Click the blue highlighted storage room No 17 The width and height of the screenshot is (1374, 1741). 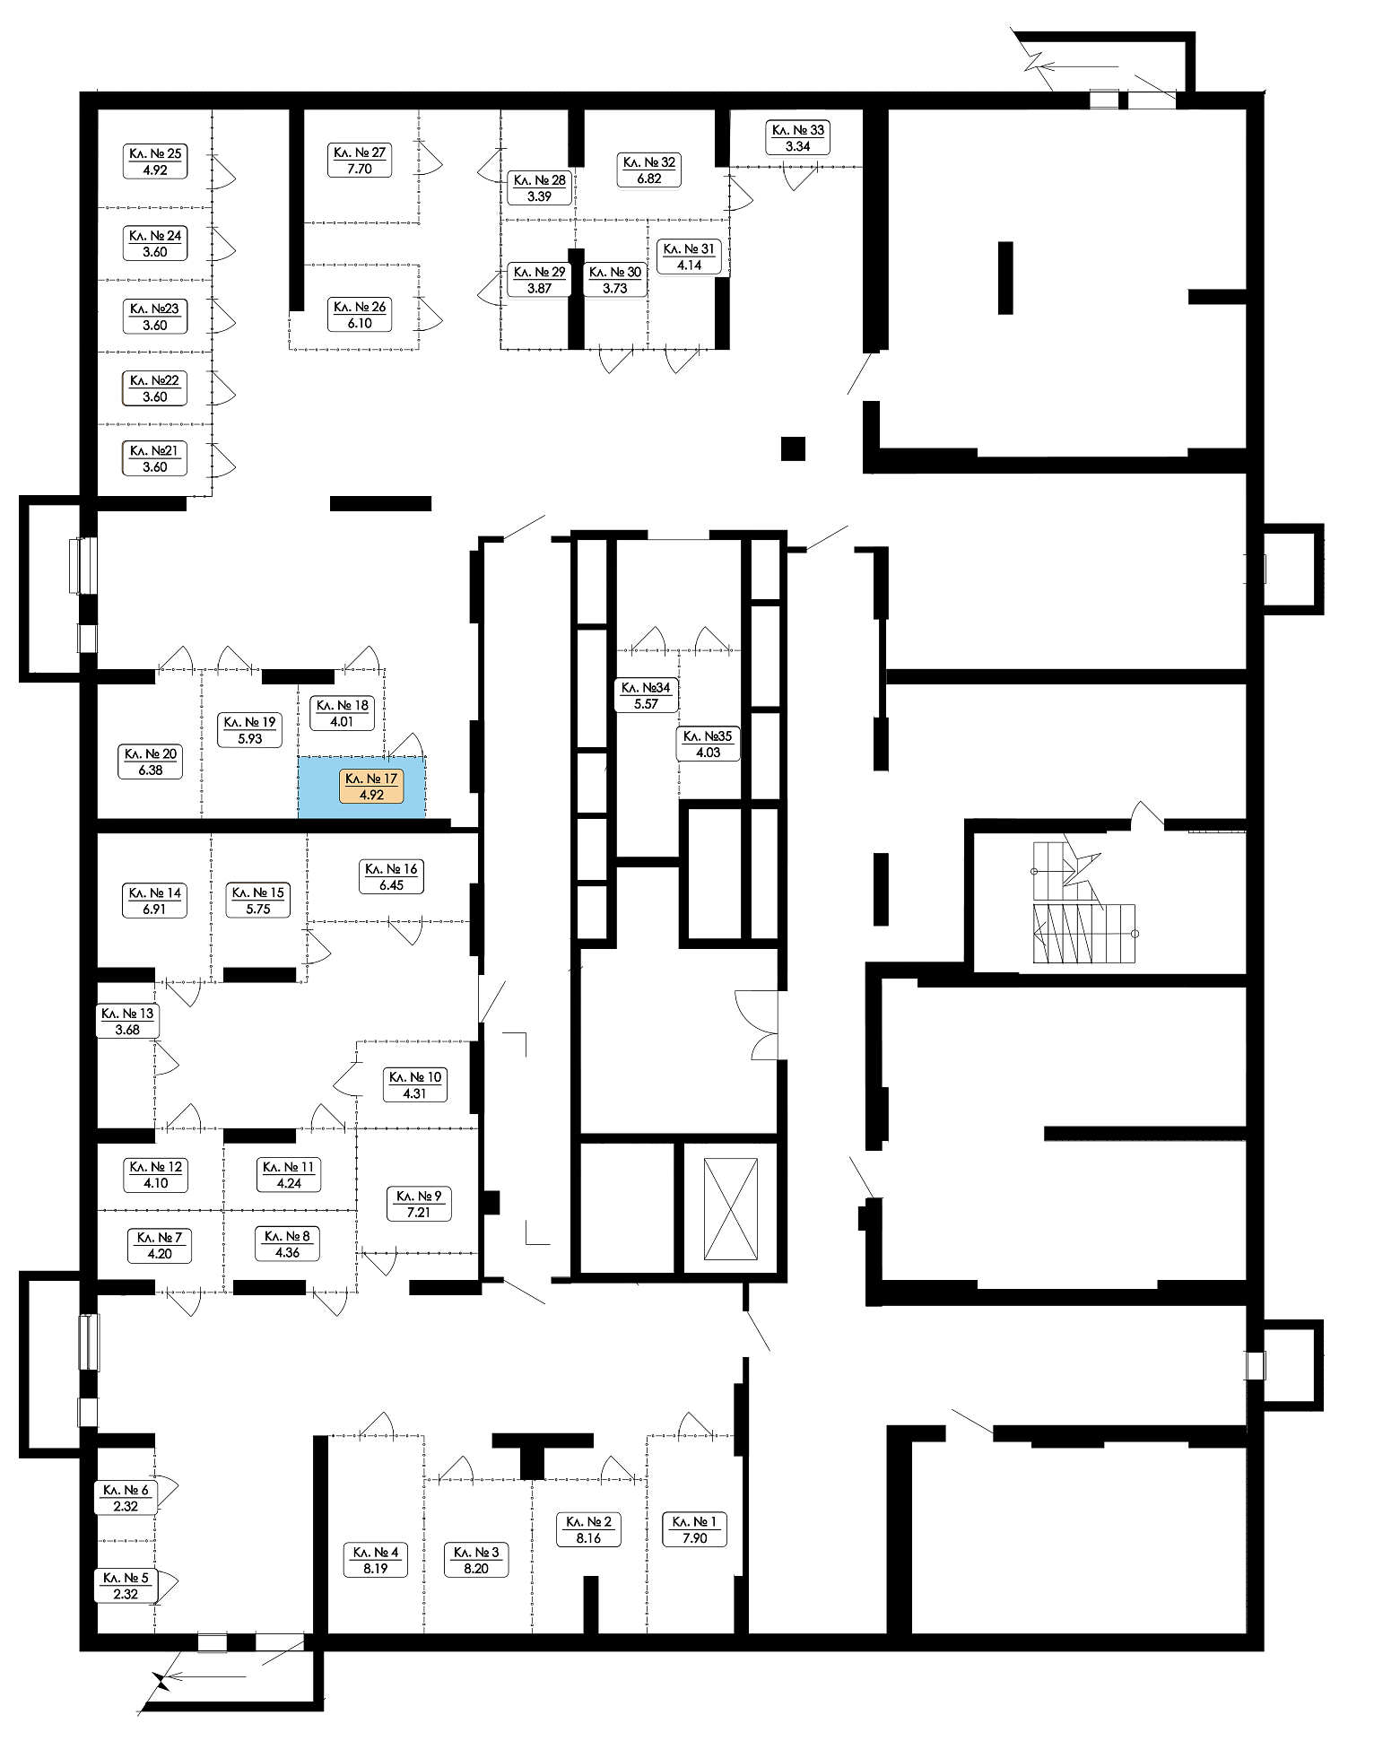pyautogui.click(x=361, y=787)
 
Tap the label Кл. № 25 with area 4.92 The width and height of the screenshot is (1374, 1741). pyautogui.click(x=155, y=161)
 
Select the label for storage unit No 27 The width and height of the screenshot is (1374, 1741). pyautogui.click(x=360, y=161)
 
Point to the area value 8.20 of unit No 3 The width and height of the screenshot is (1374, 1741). pyautogui.click(x=476, y=1569)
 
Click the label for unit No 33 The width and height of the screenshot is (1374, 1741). pyautogui.click(x=798, y=137)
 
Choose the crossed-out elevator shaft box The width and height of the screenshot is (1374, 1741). pyautogui.click(x=731, y=1209)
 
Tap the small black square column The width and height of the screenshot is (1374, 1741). pyautogui.click(x=793, y=448)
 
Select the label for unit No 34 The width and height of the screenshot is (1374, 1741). pyautogui.click(x=646, y=695)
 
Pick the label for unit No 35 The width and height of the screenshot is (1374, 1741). pyautogui.click(x=708, y=744)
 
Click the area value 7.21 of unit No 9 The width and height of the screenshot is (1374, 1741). pyautogui.click(x=419, y=1213)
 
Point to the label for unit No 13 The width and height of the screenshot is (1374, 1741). pyautogui.click(x=127, y=1022)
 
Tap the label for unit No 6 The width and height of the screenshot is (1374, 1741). pyautogui.click(x=126, y=1498)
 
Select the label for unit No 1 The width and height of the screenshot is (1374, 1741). pyautogui.click(x=695, y=1529)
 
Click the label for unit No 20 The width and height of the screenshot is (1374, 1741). pyautogui.click(x=151, y=762)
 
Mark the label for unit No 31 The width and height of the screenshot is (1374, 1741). pyautogui.click(x=689, y=257)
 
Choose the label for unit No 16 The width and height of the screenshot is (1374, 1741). pyautogui.click(x=391, y=876)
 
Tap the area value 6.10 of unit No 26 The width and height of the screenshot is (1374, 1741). pyautogui.click(x=360, y=324)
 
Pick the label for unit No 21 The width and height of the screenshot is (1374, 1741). pyautogui.click(x=155, y=458)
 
